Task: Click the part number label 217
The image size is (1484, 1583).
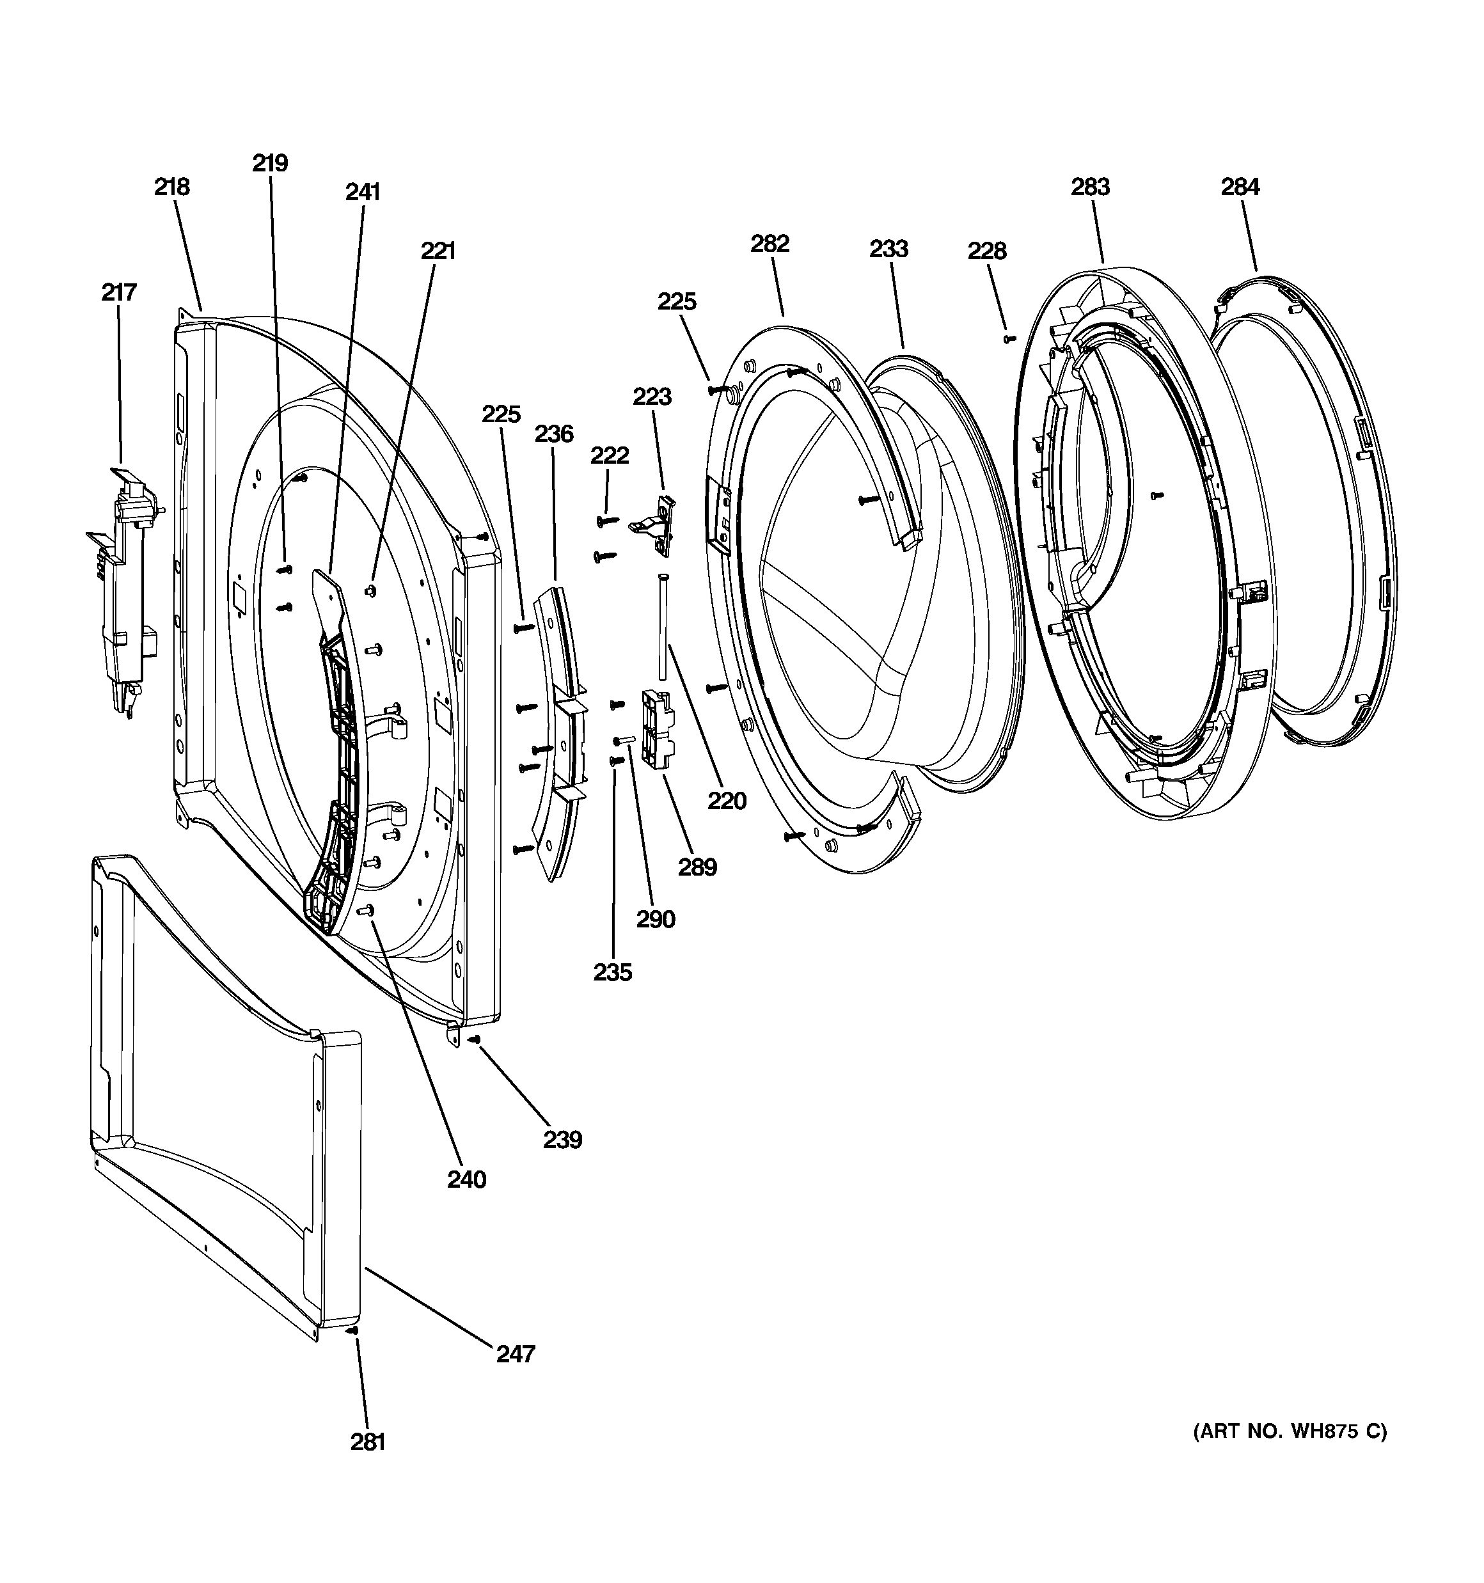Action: (x=119, y=292)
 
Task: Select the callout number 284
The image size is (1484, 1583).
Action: (x=1240, y=187)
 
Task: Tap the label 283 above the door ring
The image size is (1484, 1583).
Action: (x=1090, y=187)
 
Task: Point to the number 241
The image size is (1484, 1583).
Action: (x=363, y=192)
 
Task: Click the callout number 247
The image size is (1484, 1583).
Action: (x=516, y=1353)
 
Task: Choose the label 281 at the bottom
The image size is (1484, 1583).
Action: (x=367, y=1442)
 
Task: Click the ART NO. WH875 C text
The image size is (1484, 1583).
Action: (x=1289, y=1431)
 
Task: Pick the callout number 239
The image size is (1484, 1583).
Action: (x=562, y=1140)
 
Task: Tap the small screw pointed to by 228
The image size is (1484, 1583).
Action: (x=1010, y=339)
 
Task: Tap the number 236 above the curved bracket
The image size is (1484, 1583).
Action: (x=553, y=434)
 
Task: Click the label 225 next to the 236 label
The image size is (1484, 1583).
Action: (x=501, y=414)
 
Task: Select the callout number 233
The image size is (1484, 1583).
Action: (x=888, y=249)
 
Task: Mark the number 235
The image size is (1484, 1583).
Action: (x=613, y=972)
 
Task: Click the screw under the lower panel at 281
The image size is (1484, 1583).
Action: (x=353, y=1330)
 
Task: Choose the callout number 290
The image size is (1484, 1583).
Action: (x=656, y=920)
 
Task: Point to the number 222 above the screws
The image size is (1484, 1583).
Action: (x=610, y=455)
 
